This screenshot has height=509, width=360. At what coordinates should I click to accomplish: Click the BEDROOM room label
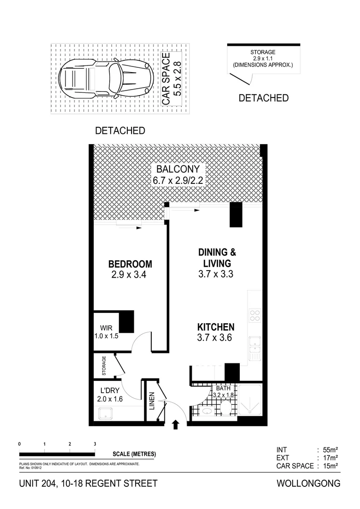130,264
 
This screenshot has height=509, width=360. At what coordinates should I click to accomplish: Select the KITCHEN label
215,327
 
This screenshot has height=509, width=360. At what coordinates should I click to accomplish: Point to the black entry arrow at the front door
176,425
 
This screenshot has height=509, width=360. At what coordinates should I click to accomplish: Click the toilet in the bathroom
226,408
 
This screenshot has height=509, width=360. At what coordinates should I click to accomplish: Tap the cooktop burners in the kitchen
255,315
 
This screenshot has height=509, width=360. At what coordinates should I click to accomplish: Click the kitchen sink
255,347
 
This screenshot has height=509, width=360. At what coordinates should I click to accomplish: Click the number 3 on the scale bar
95,444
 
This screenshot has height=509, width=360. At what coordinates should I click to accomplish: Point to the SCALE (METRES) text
134,454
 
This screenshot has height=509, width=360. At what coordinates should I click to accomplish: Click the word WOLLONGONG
308,484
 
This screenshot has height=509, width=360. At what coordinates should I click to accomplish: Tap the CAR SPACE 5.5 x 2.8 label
172,78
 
